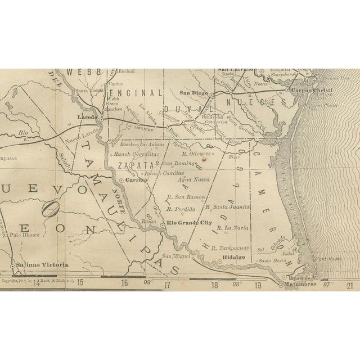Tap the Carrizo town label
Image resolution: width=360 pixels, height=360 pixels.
136,181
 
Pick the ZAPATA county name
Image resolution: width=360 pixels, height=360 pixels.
135,165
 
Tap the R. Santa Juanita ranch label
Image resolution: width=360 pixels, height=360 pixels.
228,207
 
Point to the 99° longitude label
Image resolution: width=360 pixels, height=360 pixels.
148,283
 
